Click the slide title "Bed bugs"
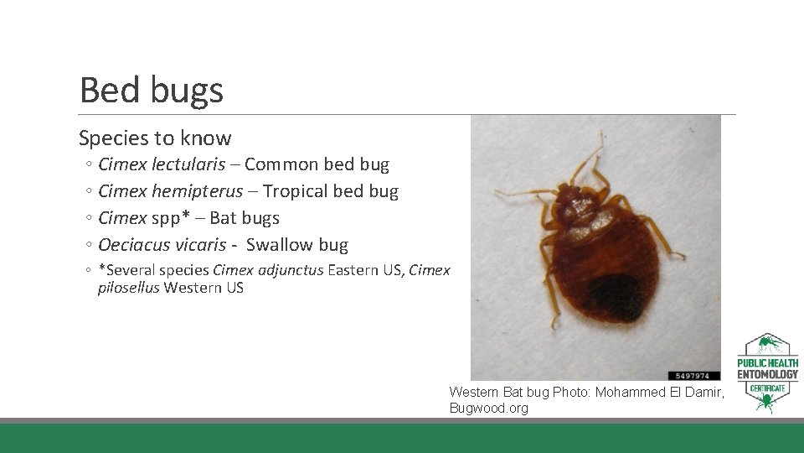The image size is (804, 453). pyautogui.click(x=152, y=90)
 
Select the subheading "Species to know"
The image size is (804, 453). pyautogui.click(x=155, y=138)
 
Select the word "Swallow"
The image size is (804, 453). pyautogui.click(x=280, y=245)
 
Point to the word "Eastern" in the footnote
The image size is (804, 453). pyautogui.click(x=356, y=270)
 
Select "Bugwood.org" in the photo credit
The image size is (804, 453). pyautogui.click(x=489, y=409)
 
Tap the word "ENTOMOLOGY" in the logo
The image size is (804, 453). pyautogui.click(x=767, y=374)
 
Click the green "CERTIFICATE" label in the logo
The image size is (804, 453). pyautogui.click(x=767, y=389)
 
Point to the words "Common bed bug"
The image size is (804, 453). pyautogui.click(x=317, y=164)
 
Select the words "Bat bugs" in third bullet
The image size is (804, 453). pyautogui.click(x=244, y=218)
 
